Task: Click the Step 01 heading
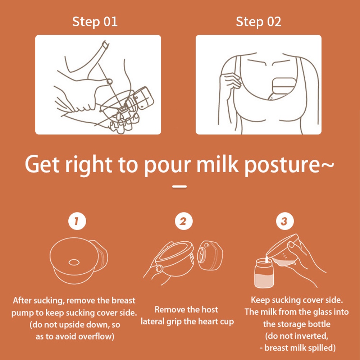click(x=95, y=22)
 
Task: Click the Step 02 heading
click(x=259, y=22)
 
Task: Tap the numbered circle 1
click(x=77, y=221)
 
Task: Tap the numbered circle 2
click(x=183, y=221)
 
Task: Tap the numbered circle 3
click(x=285, y=221)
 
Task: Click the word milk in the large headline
click(x=218, y=164)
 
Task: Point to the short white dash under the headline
click(x=179, y=187)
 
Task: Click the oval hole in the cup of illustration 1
click(x=74, y=262)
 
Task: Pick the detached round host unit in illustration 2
click(x=210, y=255)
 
